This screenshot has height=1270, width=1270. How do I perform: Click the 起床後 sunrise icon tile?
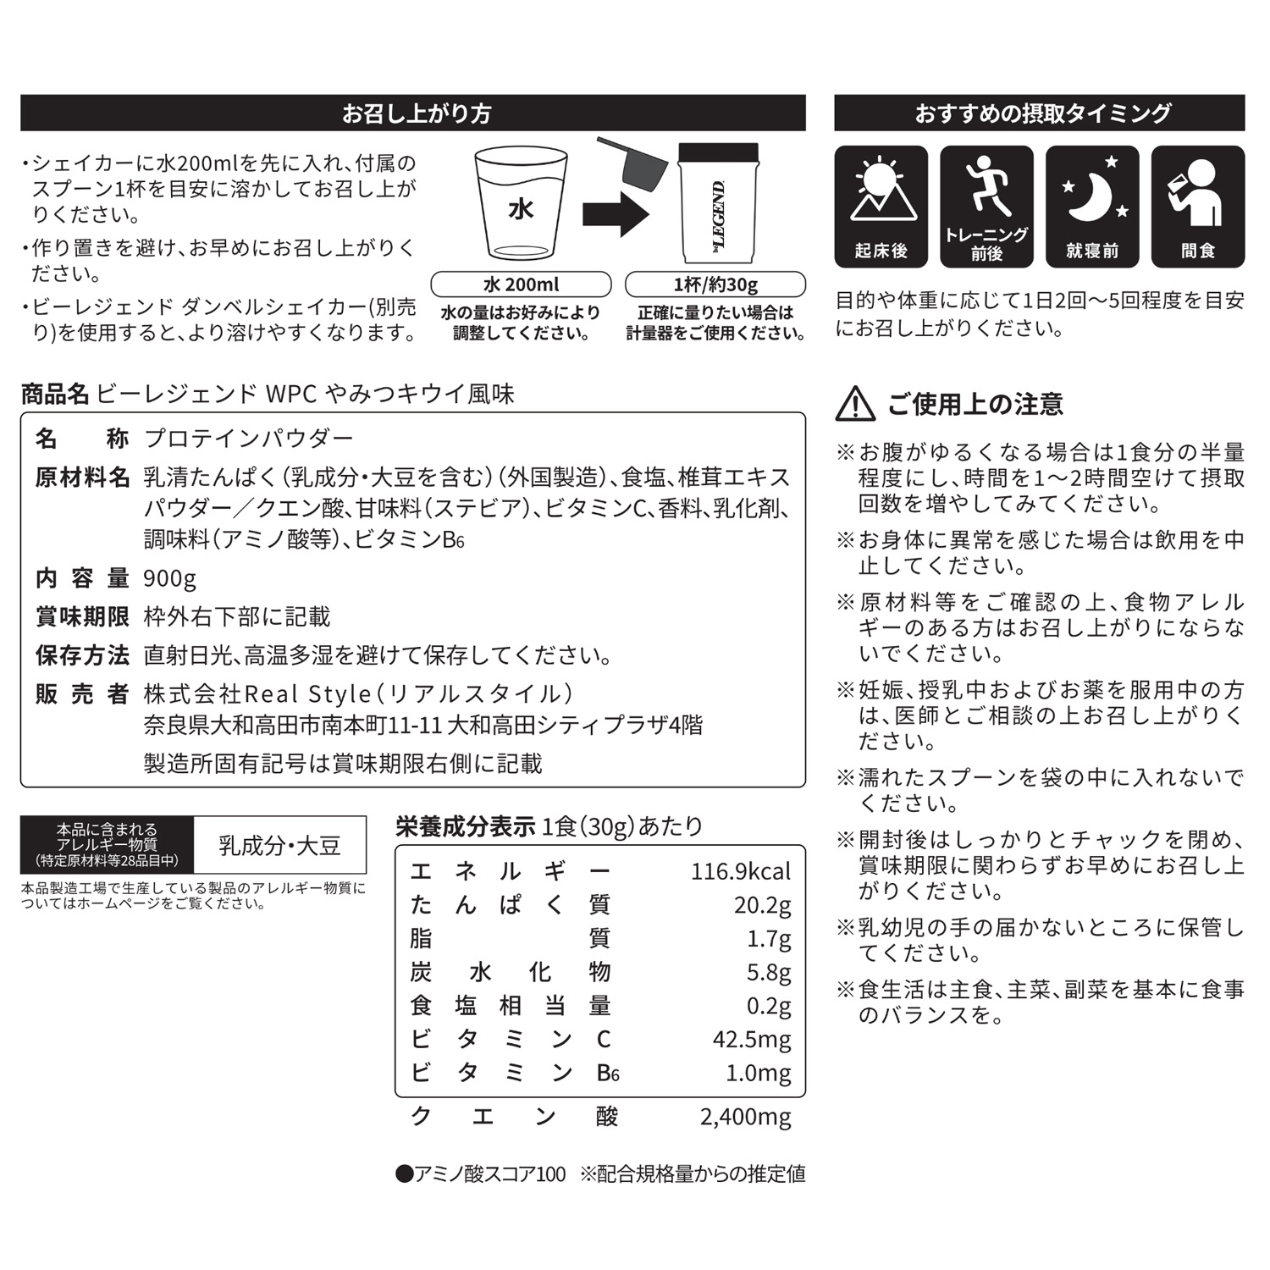pos(881,207)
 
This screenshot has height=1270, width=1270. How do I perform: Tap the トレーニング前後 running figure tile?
pos(986,207)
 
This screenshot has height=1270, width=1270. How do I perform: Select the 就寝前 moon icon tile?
pos(1092,207)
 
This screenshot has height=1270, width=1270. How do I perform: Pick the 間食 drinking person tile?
pos(1198,207)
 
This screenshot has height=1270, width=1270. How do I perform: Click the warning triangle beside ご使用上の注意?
pos(855,405)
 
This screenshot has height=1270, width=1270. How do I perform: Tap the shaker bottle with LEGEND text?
pos(719,205)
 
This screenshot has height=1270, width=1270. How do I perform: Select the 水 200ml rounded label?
pos(521,284)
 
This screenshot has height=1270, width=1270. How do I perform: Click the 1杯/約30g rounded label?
pos(715,284)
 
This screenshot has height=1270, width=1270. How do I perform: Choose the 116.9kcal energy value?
pos(740,871)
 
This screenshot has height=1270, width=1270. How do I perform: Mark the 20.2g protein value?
pos(762,905)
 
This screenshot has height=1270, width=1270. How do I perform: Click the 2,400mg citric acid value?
pos(745,1117)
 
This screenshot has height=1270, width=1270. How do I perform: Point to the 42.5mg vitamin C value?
pos(751,1039)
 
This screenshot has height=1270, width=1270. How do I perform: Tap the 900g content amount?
pos(169,578)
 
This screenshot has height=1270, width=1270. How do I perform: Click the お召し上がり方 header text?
pos(416,113)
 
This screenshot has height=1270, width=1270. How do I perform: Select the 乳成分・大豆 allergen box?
pos(279,845)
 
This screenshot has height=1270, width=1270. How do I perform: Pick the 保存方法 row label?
pos(82,655)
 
